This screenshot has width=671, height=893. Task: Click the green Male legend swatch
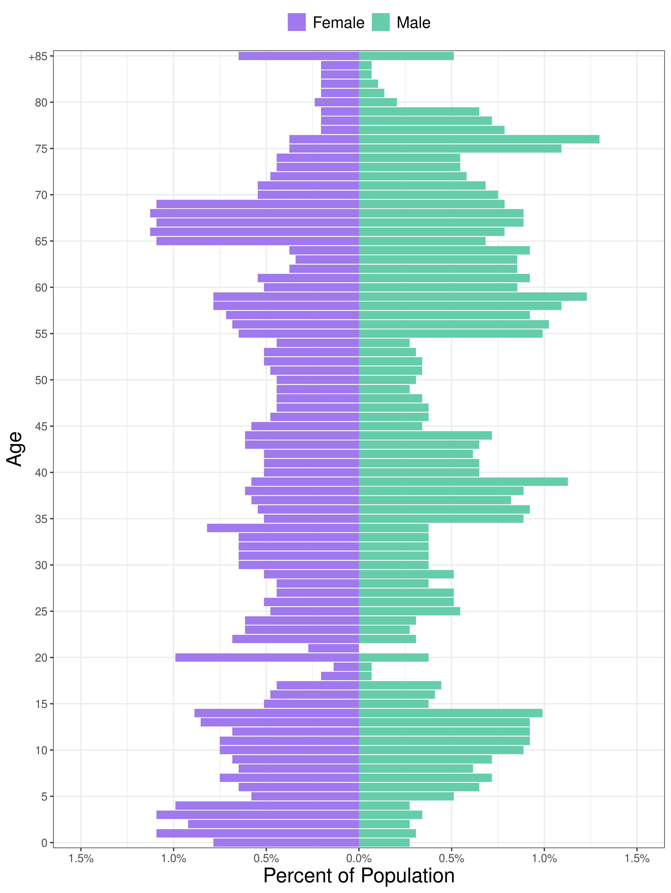(x=381, y=22)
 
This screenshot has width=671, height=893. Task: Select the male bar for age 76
(x=479, y=139)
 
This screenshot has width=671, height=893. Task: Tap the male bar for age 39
(x=463, y=482)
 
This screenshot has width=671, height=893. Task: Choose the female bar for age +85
(x=299, y=56)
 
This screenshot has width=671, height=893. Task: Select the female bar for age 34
(x=283, y=528)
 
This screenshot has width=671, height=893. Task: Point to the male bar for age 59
(x=472, y=296)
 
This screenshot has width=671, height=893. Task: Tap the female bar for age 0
(x=286, y=843)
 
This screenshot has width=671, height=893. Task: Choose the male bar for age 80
(x=378, y=102)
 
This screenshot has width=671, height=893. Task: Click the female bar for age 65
(x=257, y=241)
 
